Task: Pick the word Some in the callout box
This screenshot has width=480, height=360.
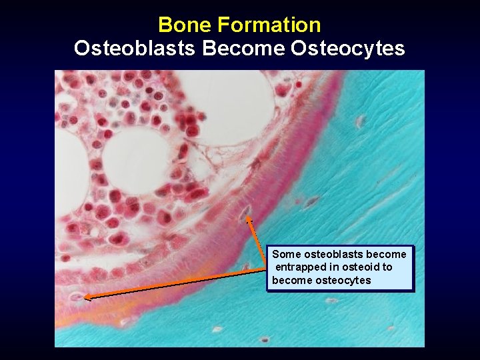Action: [x=287, y=254]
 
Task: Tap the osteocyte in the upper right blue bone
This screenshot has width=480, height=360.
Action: [x=361, y=121]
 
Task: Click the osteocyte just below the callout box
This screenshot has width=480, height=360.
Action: [x=331, y=301]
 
